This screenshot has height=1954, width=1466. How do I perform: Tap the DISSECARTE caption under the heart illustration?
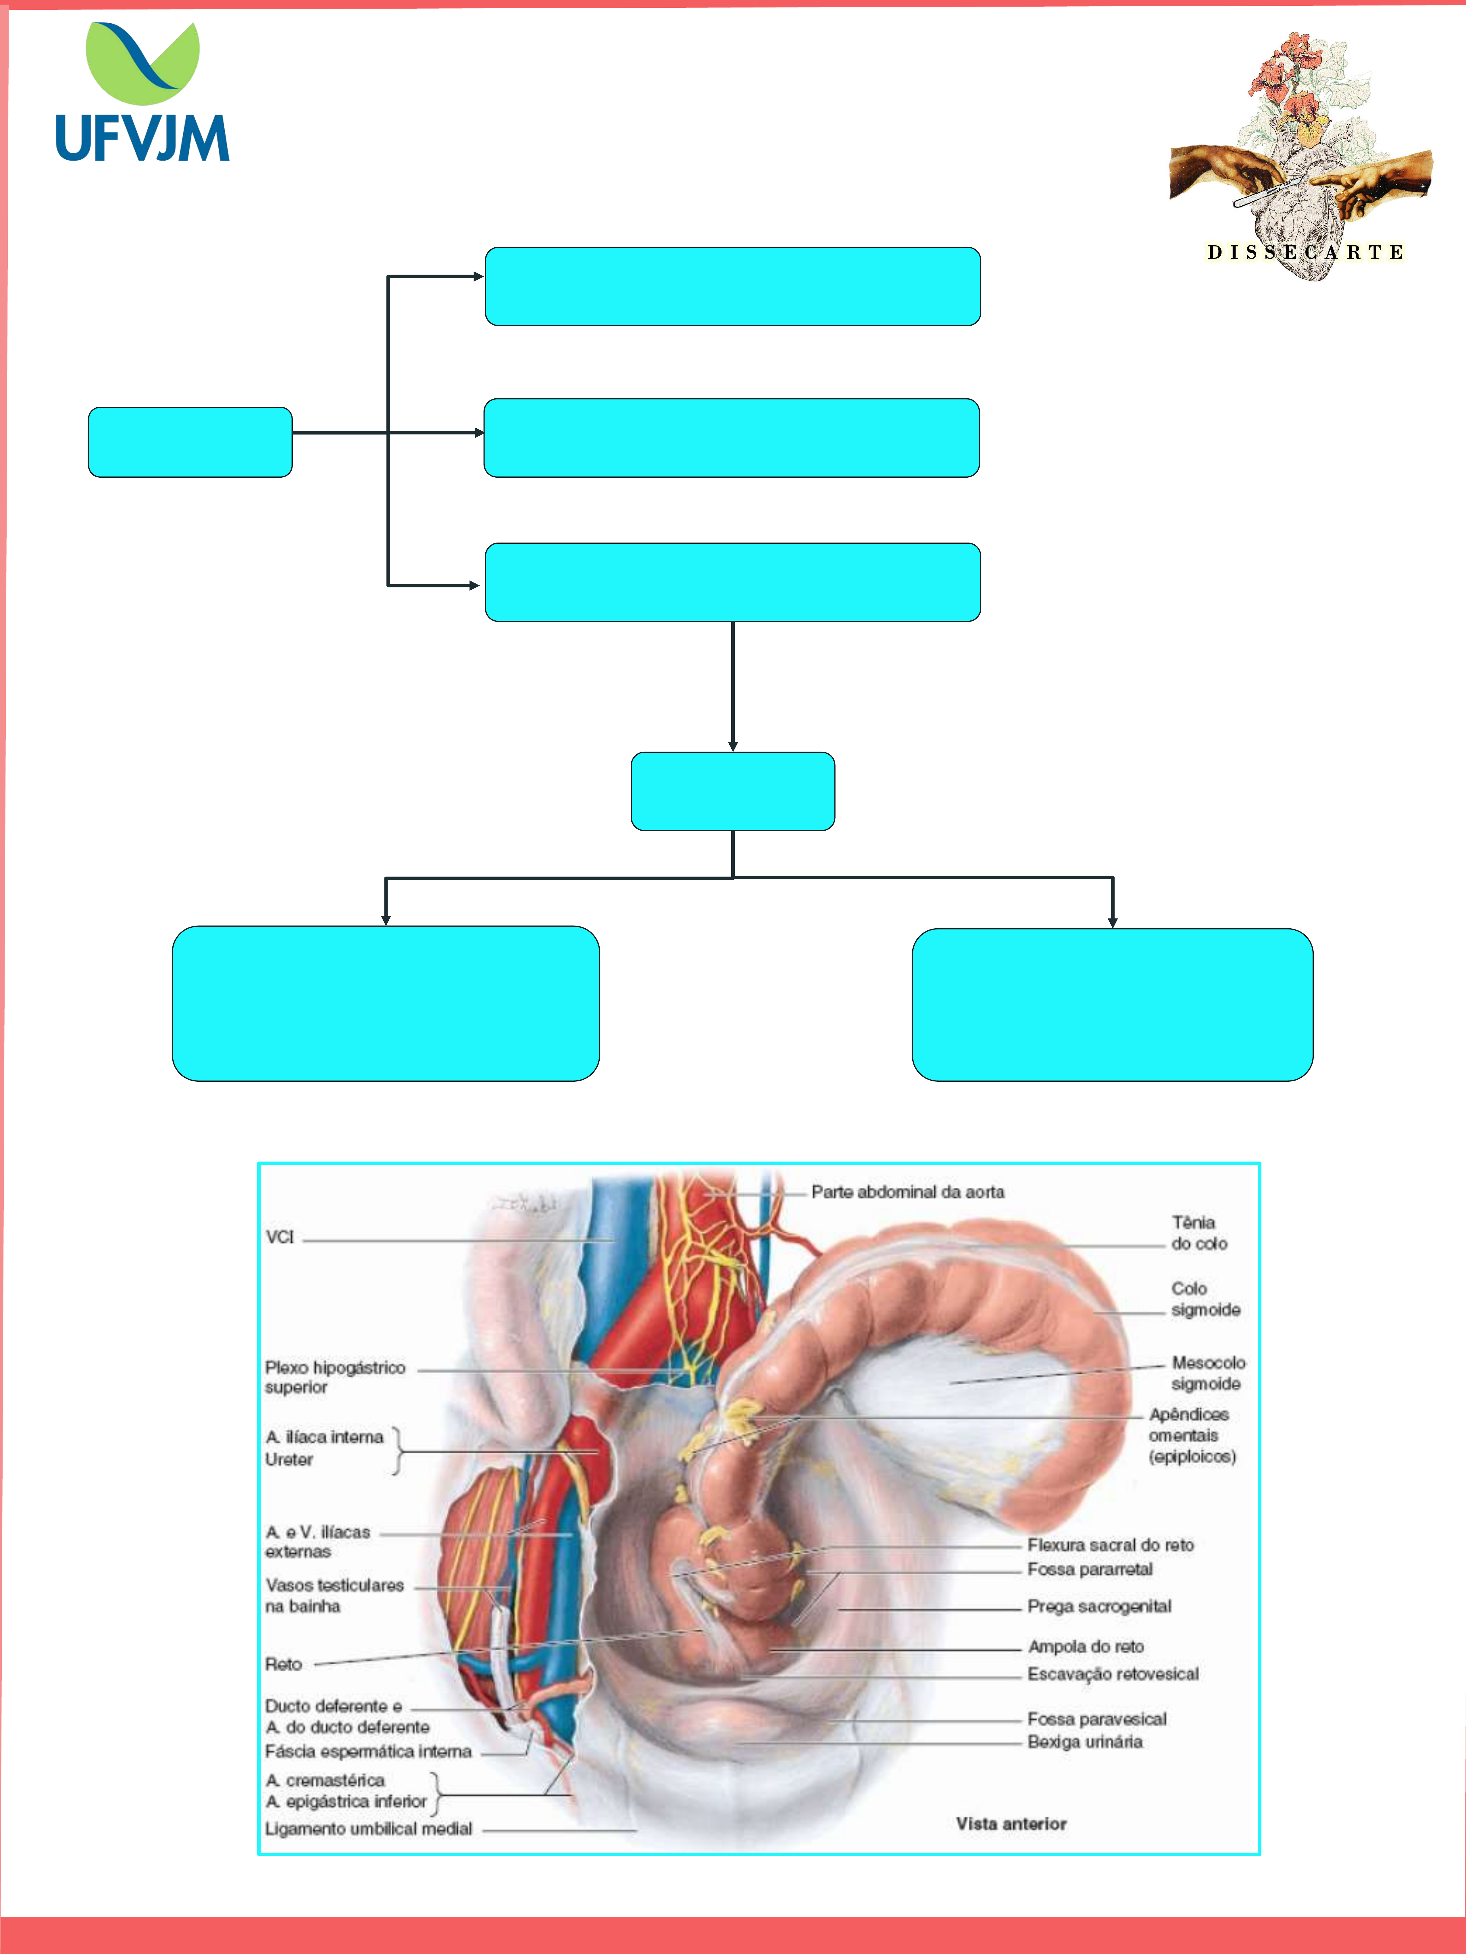[x=1304, y=253]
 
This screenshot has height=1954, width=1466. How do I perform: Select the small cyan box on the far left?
[x=190, y=442]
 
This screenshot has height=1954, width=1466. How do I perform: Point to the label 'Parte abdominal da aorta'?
[x=907, y=1192]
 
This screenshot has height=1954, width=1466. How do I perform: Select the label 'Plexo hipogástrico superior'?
[x=335, y=1377]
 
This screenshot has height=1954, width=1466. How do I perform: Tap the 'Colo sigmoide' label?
[x=1205, y=1299]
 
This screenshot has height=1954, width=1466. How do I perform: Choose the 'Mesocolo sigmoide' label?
[x=1208, y=1373]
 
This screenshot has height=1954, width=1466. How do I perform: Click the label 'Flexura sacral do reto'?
[x=1110, y=1545]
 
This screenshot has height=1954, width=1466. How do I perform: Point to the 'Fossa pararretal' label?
[x=1090, y=1569]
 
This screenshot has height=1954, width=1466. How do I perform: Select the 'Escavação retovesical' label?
[x=1113, y=1674]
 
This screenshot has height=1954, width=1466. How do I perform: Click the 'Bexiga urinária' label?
[x=1084, y=1742]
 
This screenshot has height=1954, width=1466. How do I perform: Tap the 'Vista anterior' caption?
[x=1011, y=1824]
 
